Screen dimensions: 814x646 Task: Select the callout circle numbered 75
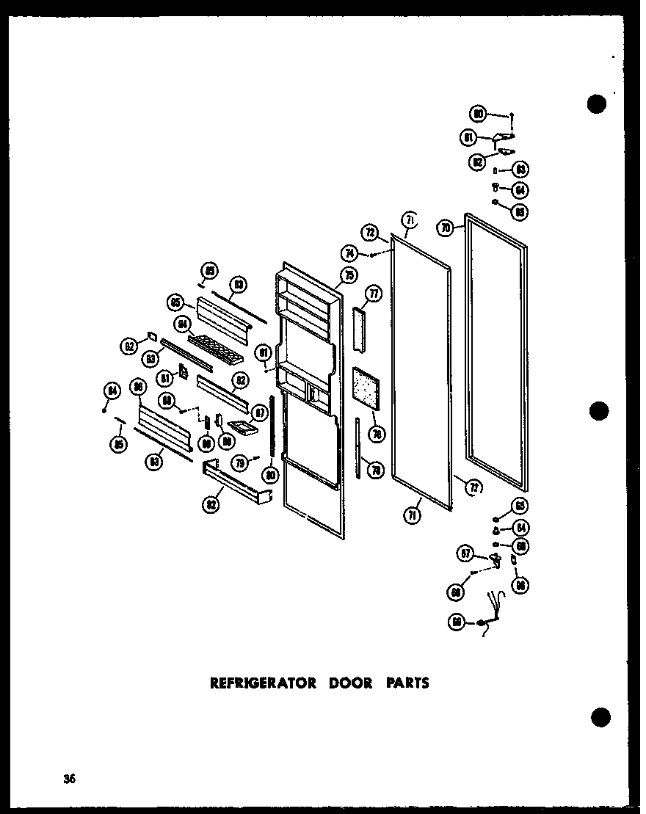tap(349, 275)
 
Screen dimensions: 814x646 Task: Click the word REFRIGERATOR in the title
tap(264, 683)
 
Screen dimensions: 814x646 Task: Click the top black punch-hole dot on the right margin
tap(597, 103)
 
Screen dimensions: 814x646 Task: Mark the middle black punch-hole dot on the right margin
tap(598, 411)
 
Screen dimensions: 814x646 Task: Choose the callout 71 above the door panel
tap(408, 219)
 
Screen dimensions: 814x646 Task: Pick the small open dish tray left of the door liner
tap(243, 426)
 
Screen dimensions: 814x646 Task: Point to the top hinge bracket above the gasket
tap(504, 137)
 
